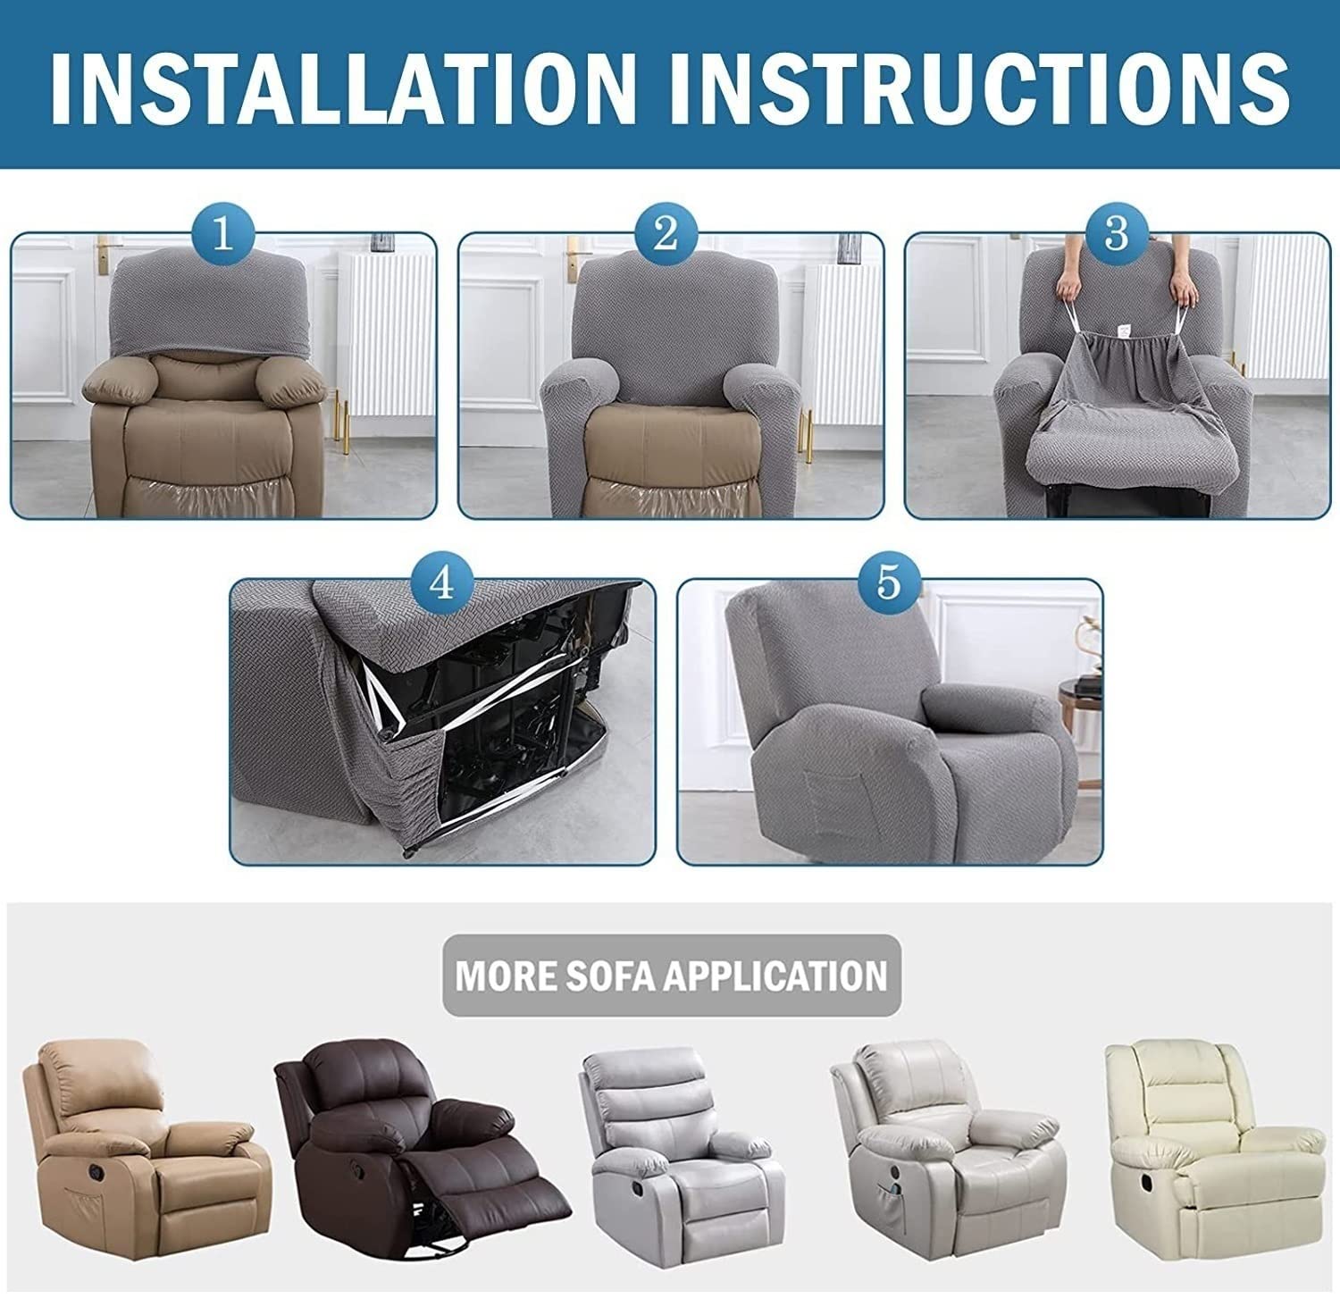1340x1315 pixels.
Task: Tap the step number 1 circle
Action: [222, 235]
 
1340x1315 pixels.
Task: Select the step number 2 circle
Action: [666, 235]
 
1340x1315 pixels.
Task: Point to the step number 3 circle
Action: [1116, 235]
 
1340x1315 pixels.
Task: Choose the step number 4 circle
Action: [441, 583]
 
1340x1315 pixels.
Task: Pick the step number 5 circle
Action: [888, 583]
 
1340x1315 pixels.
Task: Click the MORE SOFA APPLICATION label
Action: [672, 975]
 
